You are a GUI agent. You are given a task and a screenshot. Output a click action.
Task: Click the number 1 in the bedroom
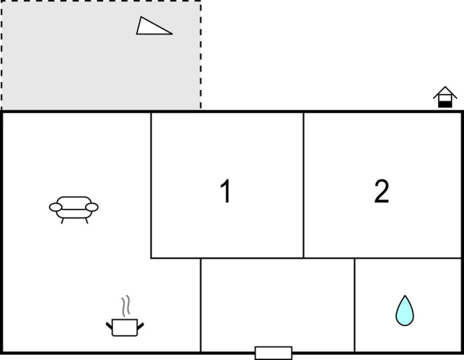(x=226, y=191)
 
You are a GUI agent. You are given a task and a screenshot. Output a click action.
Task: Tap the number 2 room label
(x=381, y=191)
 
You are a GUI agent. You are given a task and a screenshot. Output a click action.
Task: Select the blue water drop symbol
(x=404, y=310)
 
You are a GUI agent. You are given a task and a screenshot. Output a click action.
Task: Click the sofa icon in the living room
(x=73, y=210)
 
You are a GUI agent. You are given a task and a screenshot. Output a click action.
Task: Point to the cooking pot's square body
(x=125, y=328)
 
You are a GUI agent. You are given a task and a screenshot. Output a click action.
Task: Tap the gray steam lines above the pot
(x=126, y=306)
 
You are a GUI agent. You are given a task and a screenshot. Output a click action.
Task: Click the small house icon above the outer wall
(x=445, y=97)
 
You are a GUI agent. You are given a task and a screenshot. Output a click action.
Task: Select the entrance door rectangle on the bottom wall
(x=274, y=353)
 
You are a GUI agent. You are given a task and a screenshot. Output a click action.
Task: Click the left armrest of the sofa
(x=55, y=207)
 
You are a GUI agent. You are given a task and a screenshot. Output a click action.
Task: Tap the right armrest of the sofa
(x=92, y=207)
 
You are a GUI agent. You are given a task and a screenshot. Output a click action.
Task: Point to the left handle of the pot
(x=110, y=326)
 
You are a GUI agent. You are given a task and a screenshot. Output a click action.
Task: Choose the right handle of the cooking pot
(x=140, y=326)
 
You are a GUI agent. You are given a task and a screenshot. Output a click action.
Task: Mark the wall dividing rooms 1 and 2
(x=303, y=185)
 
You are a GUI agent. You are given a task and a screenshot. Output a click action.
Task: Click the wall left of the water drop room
(x=354, y=305)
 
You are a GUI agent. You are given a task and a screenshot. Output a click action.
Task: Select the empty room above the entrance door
(x=277, y=302)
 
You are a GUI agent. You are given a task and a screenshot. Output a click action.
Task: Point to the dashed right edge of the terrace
(x=200, y=55)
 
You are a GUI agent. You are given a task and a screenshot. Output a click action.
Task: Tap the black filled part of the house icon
(x=445, y=104)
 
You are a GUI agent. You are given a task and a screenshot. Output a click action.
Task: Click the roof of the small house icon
(x=445, y=91)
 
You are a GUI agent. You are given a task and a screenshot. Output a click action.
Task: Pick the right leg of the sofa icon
(x=86, y=220)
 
